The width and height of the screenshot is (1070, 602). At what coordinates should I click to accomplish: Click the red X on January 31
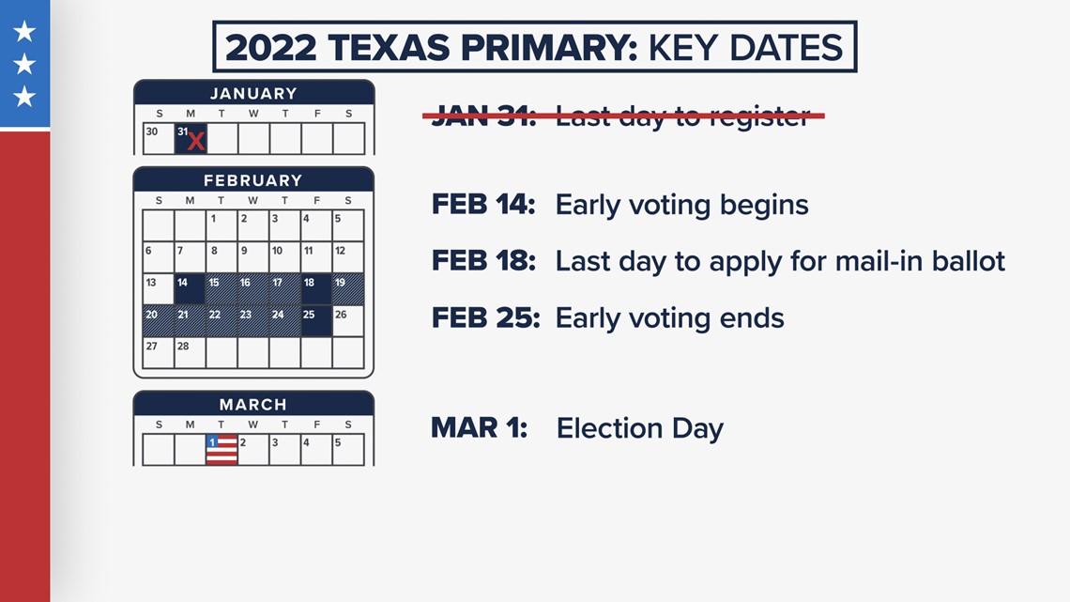point(196,141)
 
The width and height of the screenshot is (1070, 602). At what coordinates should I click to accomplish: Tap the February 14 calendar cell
point(190,288)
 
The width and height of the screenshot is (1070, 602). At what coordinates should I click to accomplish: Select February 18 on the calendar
point(316,288)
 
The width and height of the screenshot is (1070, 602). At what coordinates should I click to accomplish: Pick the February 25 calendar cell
point(316,321)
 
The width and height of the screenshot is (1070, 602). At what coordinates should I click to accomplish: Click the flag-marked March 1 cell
point(222,450)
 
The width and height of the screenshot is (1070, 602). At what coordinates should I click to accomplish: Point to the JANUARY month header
point(253,93)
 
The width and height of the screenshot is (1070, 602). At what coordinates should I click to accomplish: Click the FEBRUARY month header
point(253,180)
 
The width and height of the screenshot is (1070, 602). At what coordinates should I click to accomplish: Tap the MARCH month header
point(253,404)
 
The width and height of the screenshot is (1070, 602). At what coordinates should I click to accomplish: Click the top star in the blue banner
point(24,31)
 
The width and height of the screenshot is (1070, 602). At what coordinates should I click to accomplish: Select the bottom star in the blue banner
point(24,96)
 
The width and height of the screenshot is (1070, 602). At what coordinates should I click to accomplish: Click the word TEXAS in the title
point(389,48)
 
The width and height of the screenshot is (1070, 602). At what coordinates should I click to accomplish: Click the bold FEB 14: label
point(483,204)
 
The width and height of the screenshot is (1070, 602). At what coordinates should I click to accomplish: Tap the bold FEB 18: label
point(483,261)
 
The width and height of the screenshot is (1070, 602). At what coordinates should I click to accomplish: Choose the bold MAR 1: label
point(479,428)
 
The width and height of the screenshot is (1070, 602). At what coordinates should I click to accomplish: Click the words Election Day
point(640,428)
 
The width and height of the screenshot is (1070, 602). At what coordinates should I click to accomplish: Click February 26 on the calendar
point(348,321)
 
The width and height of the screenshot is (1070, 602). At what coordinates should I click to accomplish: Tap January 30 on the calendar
point(159,139)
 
